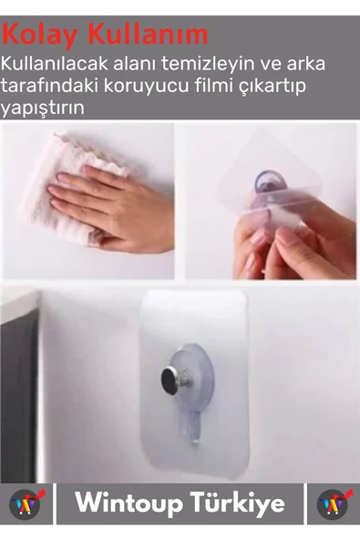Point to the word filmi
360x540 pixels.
[x=213, y=86]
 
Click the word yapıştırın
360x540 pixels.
[x=42, y=108]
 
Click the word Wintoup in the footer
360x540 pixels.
[x=129, y=504]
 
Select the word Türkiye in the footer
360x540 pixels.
[x=238, y=503]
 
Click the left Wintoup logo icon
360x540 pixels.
[x=26, y=504]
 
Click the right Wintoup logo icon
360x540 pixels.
[x=334, y=504]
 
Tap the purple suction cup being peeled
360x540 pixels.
[x=270, y=184]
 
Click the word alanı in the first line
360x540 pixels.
[x=135, y=64]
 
